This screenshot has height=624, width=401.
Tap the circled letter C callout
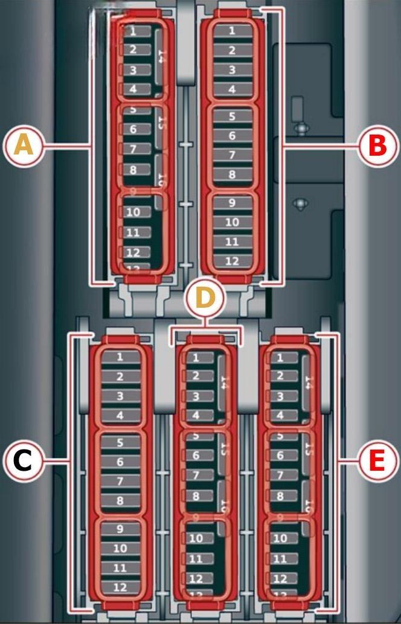click(22, 462)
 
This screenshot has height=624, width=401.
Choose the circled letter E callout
click(376, 462)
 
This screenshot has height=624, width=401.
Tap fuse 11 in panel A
click(133, 232)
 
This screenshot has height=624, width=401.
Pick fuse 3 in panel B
click(232, 71)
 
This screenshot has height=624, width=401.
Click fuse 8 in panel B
click(232, 174)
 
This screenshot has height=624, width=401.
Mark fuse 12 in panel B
click(232, 261)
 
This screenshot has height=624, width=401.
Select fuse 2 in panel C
click(120, 377)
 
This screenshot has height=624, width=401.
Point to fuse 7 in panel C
click(120, 481)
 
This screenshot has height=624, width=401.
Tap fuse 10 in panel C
click(120, 549)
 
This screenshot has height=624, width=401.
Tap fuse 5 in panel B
click(232, 116)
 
